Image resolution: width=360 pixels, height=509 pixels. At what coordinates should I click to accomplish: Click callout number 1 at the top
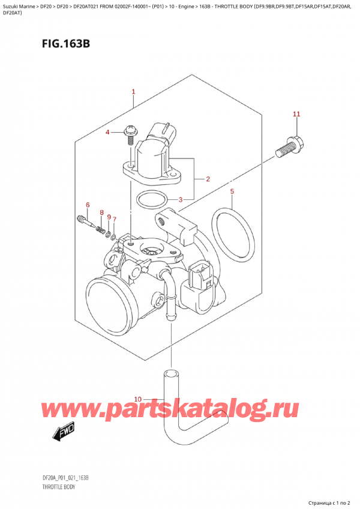[133, 92]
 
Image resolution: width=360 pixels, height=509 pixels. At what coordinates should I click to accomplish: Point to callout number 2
[206, 179]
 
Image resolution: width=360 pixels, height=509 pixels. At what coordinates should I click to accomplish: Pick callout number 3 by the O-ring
[206, 200]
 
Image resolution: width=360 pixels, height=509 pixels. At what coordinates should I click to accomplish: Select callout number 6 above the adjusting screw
[87, 206]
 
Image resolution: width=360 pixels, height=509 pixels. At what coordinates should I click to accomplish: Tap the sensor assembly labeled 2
[152, 159]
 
